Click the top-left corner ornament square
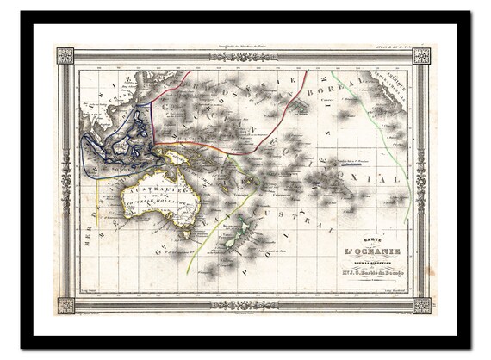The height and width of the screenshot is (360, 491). click(65, 56)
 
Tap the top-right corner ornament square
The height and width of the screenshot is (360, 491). click(421, 56)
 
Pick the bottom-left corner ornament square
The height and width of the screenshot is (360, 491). click(65, 305)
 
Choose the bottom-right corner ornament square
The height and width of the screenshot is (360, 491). click(421, 305)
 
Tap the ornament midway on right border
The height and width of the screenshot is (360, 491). click(421, 180)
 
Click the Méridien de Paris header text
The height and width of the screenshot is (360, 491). click(245, 47)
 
